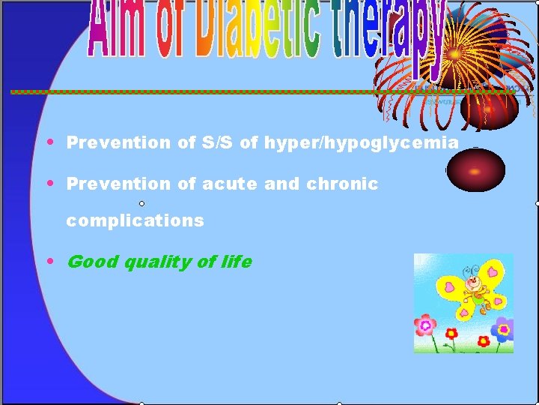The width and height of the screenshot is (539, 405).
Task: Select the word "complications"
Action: pos(135,220)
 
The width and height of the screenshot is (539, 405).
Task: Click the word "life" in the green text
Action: pos(237,261)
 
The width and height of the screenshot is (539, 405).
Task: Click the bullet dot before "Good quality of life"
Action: pos(50,261)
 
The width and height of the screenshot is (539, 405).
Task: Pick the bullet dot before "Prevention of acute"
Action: pos(50,182)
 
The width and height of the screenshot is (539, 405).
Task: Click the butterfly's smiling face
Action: pos(472,285)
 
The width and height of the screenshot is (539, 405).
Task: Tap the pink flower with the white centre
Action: pos(425,325)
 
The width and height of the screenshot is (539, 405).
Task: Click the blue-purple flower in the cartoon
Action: pos(505,328)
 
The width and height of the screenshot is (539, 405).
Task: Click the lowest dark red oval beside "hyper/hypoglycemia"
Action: pos(472,169)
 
